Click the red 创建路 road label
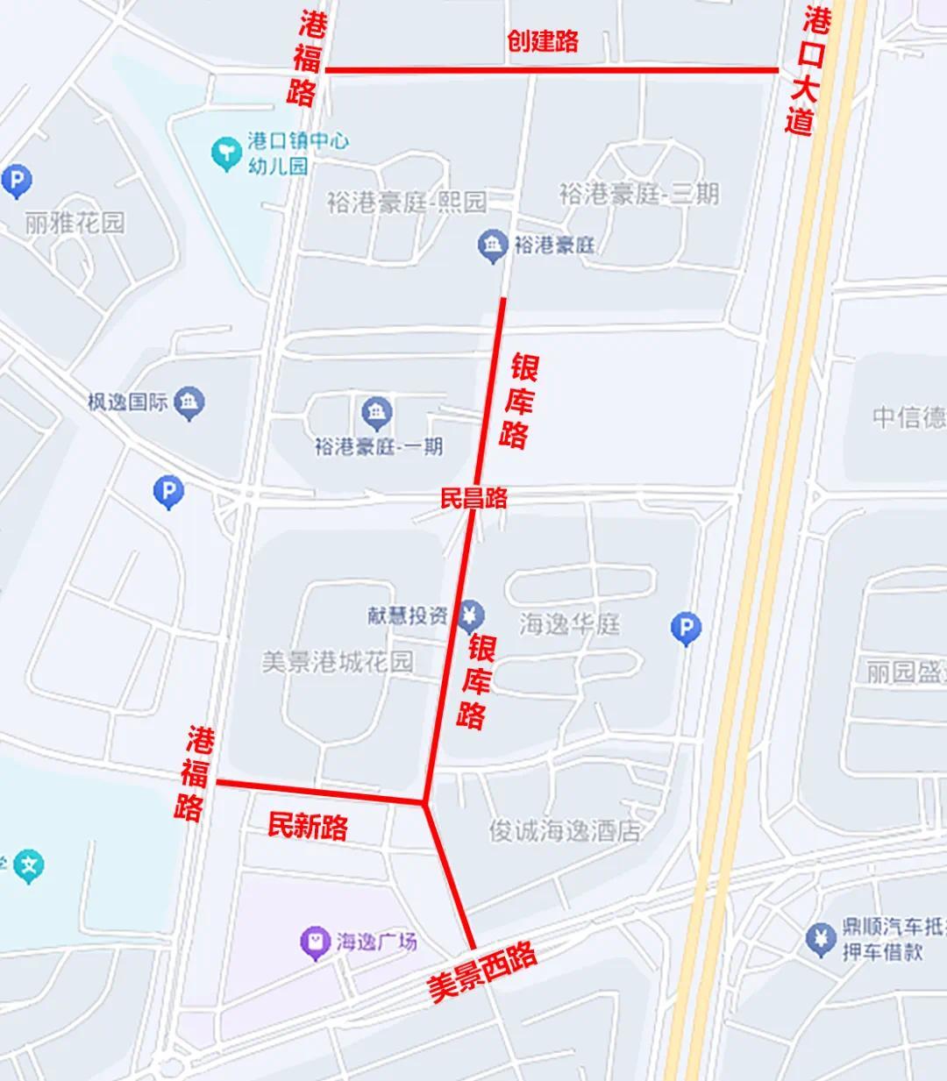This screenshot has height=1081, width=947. (x=543, y=41)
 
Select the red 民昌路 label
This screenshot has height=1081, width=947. (x=473, y=499)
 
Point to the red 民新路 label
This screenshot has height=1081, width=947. (x=308, y=826)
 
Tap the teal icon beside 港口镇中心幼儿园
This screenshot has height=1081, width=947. (x=226, y=153)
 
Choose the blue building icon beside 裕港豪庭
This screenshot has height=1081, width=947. (x=492, y=245)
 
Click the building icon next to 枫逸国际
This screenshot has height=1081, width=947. (x=189, y=402)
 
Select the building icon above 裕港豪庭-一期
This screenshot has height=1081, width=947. (x=377, y=412)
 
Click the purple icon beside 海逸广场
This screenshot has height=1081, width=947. (x=315, y=943)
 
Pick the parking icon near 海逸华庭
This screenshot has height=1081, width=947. (x=686, y=627)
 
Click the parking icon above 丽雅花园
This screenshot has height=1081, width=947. (x=16, y=181)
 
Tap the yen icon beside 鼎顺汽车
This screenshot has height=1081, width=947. (x=822, y=939)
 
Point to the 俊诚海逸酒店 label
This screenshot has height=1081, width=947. (x=566, y=831)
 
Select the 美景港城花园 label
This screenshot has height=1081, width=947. (x=338, y=661)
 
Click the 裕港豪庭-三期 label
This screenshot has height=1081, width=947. (x=639, y=194)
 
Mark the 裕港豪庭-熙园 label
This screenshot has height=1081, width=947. (x=406, y=203)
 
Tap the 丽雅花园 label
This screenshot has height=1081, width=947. (x=75, y=222)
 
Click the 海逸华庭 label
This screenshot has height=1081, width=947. (x=570, y=624)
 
